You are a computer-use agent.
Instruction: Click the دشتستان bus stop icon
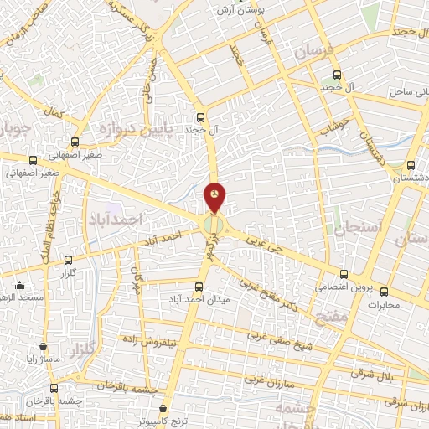coord(411,165)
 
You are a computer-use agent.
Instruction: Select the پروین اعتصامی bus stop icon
coord(344,274)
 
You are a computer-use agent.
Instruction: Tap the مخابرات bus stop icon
coord(385,292)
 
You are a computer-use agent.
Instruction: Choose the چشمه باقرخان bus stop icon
coord(54,388)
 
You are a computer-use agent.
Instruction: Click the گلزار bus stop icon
coord(67,261)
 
